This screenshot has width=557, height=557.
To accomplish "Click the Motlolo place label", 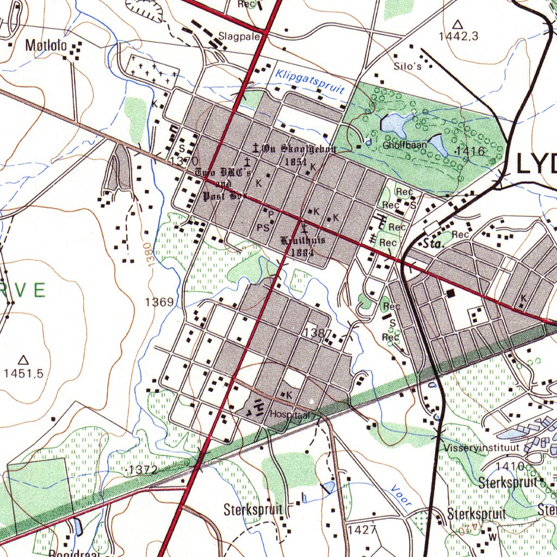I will pyautogui.click(x=46, y=46).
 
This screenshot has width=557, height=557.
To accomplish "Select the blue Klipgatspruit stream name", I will pyautogui.click(x=310, y=81).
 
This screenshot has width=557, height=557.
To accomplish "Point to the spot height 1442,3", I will pyautogui.click(x=459, y=36).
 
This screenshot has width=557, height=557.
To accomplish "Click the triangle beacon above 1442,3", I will pyautogui.click(x=457, y=24).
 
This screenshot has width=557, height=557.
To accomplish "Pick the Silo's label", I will pyautogui.click(x=408, y=66).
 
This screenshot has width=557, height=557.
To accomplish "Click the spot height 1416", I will pyautogui.click(x=471, y=151).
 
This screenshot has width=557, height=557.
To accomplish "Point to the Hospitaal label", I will pyautogui.click(x=289, y=414).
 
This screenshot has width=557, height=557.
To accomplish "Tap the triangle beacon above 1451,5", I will pyautogui.click(x=23, y=360).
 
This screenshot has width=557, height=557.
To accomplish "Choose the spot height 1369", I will pyautogui.click(x=159, y=302).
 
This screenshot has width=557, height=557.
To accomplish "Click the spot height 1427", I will pyautogui.click(x=362, y=529).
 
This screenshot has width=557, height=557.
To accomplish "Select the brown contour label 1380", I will pyautogui.click(x=151, y=253).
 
